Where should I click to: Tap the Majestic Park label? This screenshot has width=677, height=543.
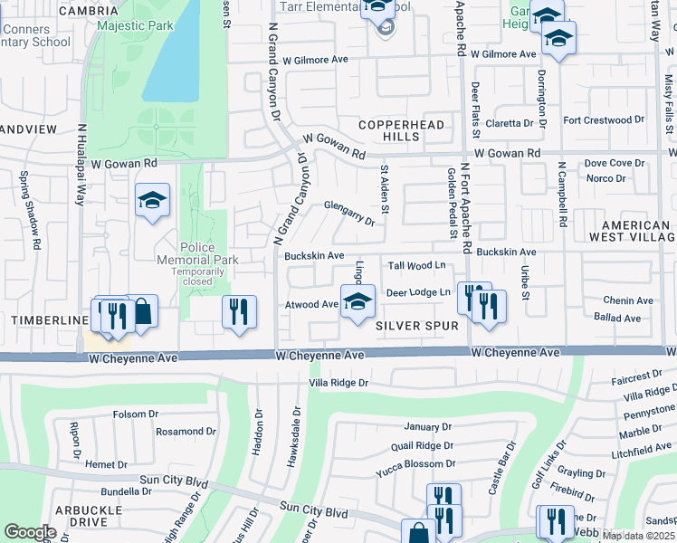(x=135, y=26)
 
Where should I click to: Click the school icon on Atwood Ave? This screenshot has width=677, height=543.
(x=358, y=301)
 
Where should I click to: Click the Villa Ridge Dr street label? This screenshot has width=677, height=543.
(x=338, y=383)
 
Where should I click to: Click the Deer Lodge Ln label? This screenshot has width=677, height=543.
(x=418, y=292)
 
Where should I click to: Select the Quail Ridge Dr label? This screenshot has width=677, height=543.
(x=422, y=445)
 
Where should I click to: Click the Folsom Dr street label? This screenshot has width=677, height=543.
(x=136, y=414)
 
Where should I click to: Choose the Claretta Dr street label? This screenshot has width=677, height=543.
(x=510, y=123)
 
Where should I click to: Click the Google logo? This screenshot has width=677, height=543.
(x=30, y=532)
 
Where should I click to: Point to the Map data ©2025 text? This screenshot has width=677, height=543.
(x=638, y=536)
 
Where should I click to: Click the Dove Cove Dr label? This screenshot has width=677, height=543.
(x=615, y=163)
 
